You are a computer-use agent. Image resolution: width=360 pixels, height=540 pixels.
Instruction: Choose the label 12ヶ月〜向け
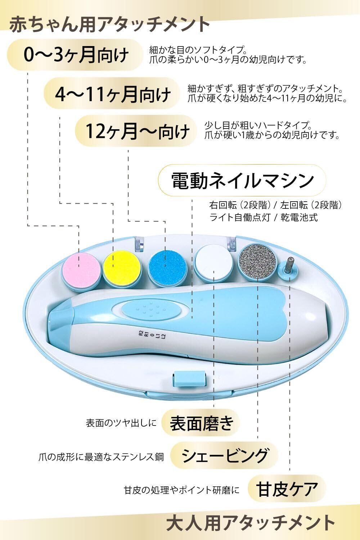coord(137,131)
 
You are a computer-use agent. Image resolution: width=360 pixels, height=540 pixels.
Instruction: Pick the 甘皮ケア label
coord(286,489)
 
